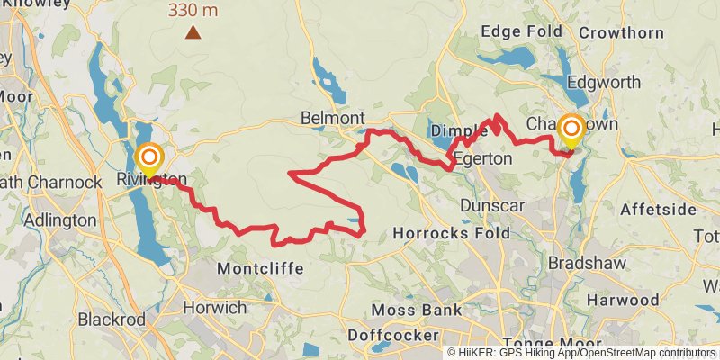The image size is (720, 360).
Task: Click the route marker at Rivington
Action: click(149, 157)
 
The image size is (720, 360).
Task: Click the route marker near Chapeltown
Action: click(571, 129)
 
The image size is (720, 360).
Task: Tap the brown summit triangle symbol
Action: click(193, 33)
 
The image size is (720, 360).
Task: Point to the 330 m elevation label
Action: click(193, 11)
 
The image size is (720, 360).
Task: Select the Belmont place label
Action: click(333, 119)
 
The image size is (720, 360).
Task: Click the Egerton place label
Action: click(482, 158)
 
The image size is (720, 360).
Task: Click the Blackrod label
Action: click(112, 319)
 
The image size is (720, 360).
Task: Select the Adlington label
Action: click(61, 220)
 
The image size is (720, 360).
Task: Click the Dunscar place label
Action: click(491, 206)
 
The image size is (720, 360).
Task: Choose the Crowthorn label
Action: click(621, 32)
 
